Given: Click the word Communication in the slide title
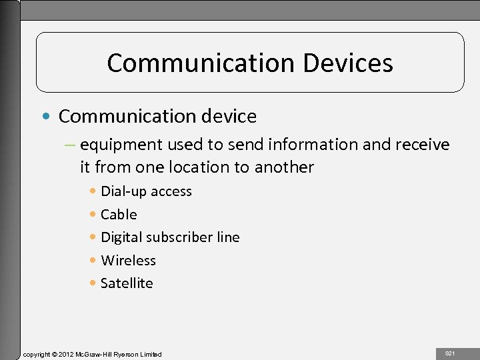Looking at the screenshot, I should click(200, 63).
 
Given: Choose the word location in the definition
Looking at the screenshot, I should click(217, 167).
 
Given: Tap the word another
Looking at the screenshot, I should click(284, 167).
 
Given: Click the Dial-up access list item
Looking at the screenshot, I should click(146, 191).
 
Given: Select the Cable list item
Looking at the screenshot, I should click(119, 215).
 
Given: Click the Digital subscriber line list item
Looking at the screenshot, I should click(170, 237).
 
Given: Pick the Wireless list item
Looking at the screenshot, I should click(128, 261).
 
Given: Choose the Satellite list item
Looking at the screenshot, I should click(127, 283).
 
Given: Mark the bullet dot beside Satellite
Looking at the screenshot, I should click(93, 283).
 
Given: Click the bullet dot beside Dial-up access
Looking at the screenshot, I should click(93, 191).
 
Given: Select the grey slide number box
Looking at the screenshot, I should click(450, 353).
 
